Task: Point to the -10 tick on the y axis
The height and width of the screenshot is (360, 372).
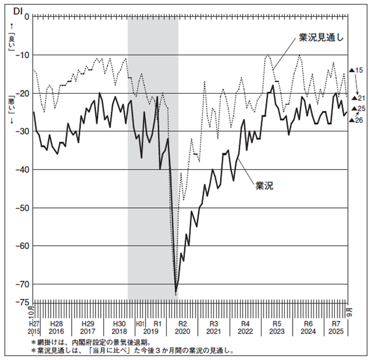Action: coord(24,55)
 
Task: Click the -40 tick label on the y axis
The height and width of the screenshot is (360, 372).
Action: coord(24,170)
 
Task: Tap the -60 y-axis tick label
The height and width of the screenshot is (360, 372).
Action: coord(24,246)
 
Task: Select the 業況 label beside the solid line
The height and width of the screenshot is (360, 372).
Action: coord(264,186)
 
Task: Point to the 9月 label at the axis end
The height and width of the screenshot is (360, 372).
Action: coord(349,309)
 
